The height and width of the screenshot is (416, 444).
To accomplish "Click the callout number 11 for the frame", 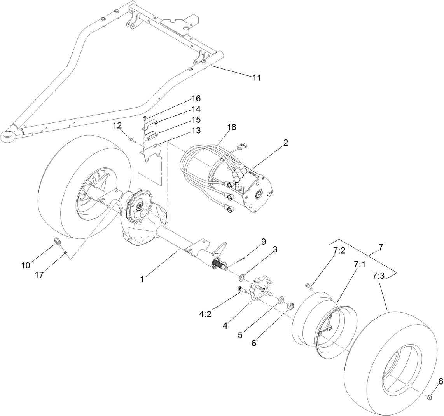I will [256, 78].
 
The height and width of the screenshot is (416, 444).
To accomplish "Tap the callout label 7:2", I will [339, 251].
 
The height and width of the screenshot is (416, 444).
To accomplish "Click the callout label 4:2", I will [205, 314].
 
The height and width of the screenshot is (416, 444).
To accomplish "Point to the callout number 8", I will [441, 381].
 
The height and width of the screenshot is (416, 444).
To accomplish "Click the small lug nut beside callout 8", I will [429, 398].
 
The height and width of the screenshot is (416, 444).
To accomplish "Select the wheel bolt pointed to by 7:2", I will [309, 287].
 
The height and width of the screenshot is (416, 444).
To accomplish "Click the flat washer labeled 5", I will [280, 300].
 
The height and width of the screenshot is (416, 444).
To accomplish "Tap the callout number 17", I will [40, 275].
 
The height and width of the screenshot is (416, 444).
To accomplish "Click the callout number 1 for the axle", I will [142, 279].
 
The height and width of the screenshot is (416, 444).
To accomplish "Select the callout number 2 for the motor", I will [286, 143].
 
